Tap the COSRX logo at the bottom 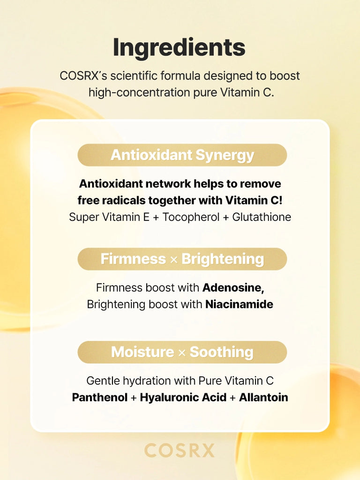(x=180, y=450)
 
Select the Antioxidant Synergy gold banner (x=182, y=155)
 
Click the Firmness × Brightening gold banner (x=182, y=259)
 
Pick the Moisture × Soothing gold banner (x=182, y=352)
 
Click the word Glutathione (x=262, y=217)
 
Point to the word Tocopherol (x=191, y=217)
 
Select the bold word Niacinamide (x=240, y=304)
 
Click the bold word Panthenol (x=100, y=397)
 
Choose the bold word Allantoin (x=263, y=397)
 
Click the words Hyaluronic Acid (x=183, y=398)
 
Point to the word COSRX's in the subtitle (x=83, y=76)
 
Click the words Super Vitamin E (x=109, y=217)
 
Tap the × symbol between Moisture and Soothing (x=182, y=353)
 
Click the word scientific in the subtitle (x=134, y=76)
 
